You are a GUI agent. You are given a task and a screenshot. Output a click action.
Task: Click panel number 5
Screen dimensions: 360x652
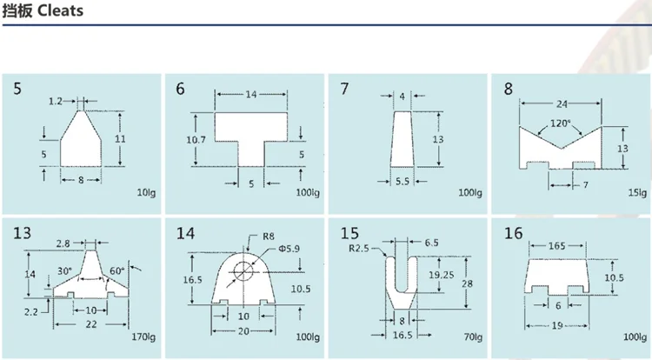coord(18,89)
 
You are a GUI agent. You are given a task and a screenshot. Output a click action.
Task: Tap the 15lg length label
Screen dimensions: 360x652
coord(636,191)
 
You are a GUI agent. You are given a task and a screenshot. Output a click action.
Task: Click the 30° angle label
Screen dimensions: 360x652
coord(64,270)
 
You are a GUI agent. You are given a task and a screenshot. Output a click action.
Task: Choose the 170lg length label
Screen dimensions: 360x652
coord(142,336)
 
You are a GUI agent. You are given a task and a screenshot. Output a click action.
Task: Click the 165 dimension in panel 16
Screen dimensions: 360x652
coord(557,246)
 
